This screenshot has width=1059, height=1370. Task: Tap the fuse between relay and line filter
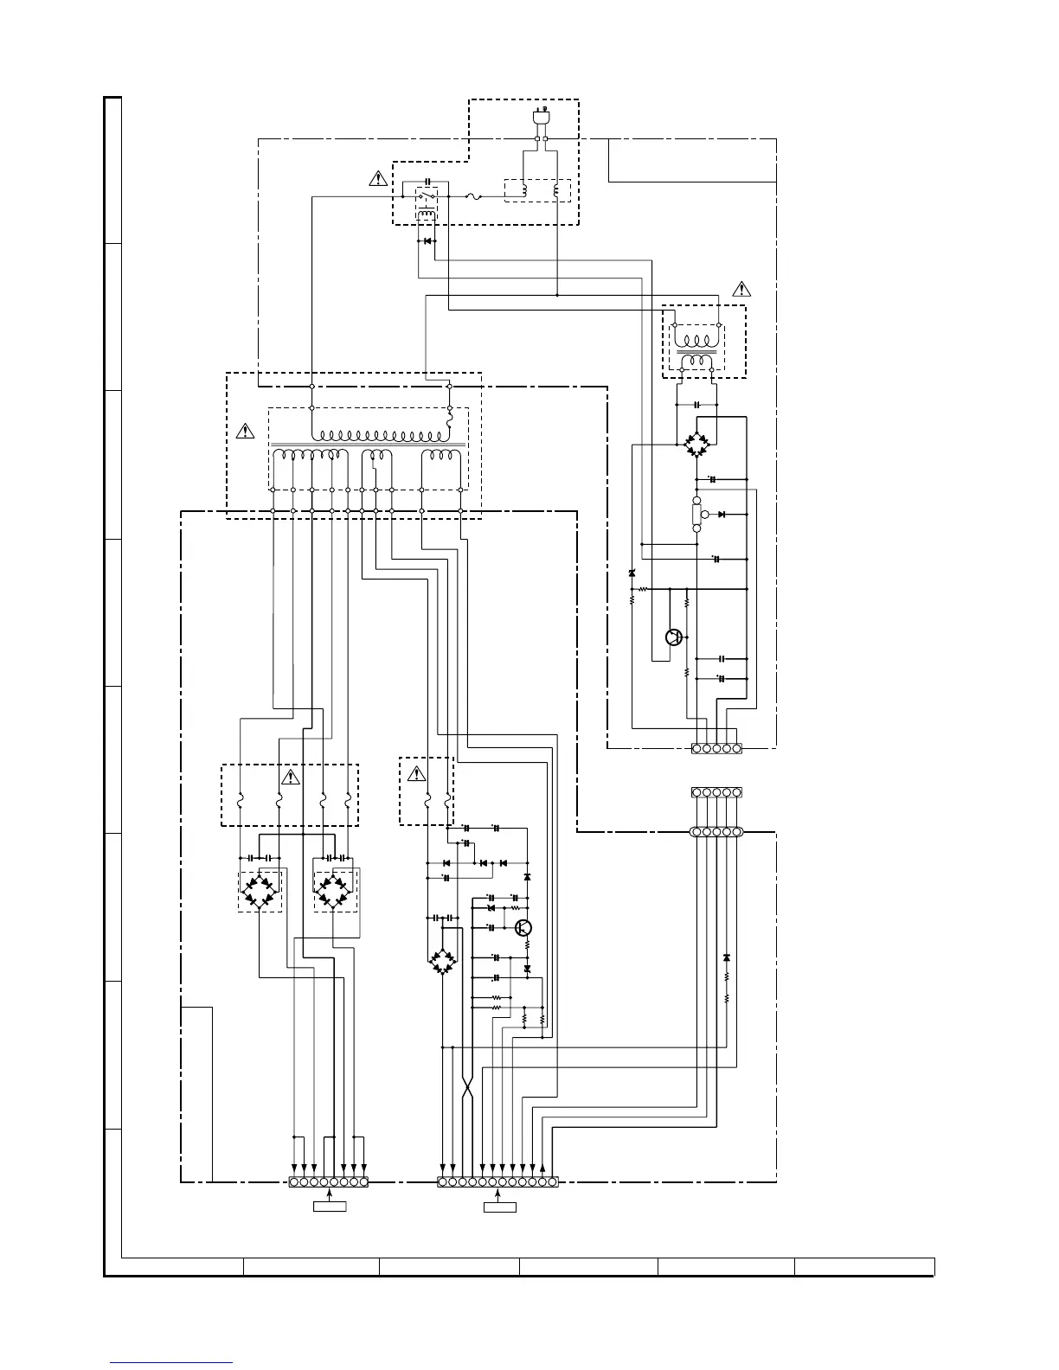(474, 197)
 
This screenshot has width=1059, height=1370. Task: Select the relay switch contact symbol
(424, 197)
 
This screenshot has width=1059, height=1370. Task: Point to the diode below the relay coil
(427, 240)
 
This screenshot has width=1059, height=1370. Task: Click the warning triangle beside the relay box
(378, 179)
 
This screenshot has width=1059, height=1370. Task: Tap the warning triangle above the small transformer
(741, 288)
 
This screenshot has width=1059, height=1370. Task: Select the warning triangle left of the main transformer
(246, 430)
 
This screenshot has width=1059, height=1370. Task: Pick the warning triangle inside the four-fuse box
(290, 777)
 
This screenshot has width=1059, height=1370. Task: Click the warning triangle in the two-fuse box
(416, 772)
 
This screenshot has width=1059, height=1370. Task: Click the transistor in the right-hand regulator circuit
(674, 637)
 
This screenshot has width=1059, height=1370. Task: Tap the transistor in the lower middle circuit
(523, 928)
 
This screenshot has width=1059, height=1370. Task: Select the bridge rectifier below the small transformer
(696, 444)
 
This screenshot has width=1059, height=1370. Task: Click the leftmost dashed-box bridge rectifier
(260, 890)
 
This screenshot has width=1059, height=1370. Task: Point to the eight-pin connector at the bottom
(329, 1181)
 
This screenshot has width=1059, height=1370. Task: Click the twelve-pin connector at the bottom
(497, 1181)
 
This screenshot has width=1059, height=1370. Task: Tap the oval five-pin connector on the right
(716, 832)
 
